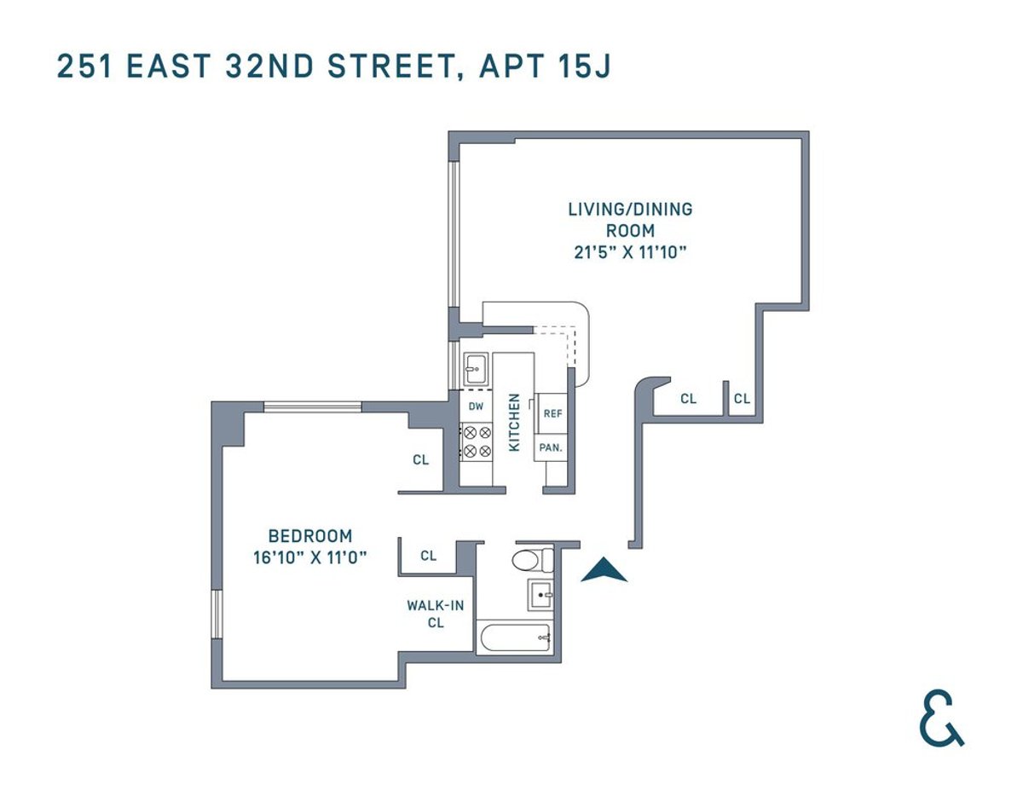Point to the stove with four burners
click(x=476, y=441)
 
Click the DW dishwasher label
click(x=476, y=406)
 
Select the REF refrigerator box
click(x=552, y=413)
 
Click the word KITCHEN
click(x=514, y=422)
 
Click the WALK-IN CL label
click(x=435, y=614)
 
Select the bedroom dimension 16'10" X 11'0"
click(x=310, y=558)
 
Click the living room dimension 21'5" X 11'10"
click(x=630, y=252)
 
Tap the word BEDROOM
click(x=310, y=537)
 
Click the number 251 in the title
click(x=84, y=66)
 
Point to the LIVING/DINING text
click(x=630, y=209)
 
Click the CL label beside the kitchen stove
click(x=420, y=460)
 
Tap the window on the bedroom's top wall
click(x=312, y=407)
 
